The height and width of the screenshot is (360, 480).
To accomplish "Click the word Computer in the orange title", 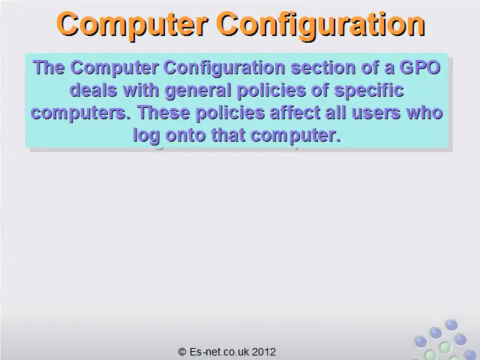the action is pos(132,25).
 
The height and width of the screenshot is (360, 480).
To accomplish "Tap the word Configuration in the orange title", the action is pos(321,25).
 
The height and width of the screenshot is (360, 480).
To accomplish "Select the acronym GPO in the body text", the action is pos(420,67).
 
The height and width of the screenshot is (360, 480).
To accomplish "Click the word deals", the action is pos(93,90).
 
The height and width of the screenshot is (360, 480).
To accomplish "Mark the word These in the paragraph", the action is pos(163,112).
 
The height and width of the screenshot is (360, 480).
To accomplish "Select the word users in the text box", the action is pos(376,113).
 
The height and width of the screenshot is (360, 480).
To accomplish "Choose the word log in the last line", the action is pos(146,136).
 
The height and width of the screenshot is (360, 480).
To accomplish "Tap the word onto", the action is pos(185,135).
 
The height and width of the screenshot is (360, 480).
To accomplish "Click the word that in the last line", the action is pos(228,135).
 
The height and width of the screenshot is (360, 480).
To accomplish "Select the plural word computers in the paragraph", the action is pos(80,113).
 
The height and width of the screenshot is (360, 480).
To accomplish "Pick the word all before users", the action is pos(336,112).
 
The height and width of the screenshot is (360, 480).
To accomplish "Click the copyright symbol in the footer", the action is pos(182,352).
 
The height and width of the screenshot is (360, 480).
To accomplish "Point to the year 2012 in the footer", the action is pos(264,352).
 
